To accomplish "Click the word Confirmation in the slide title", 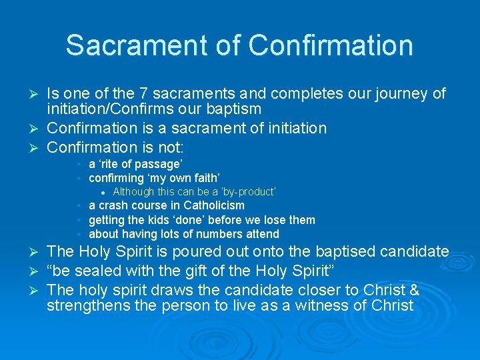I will point(331,45).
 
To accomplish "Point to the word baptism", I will point(233,109).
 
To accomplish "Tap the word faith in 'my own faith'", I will point(205,178).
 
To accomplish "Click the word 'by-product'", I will point(251,192).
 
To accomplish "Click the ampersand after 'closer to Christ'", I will point(431,291).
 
